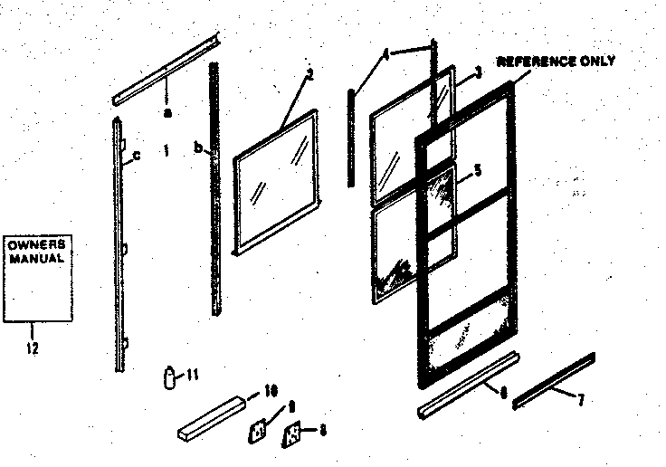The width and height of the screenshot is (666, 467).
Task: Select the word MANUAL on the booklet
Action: pos(36,258)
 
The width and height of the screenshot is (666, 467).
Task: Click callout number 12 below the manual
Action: pos(33,346)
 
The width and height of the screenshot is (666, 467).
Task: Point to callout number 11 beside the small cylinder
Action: pos(192,374)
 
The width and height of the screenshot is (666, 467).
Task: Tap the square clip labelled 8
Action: pos(293,434)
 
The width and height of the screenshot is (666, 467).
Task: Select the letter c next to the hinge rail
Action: pos(136,157)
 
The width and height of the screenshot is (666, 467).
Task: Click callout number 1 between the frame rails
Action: pos(166,148)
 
